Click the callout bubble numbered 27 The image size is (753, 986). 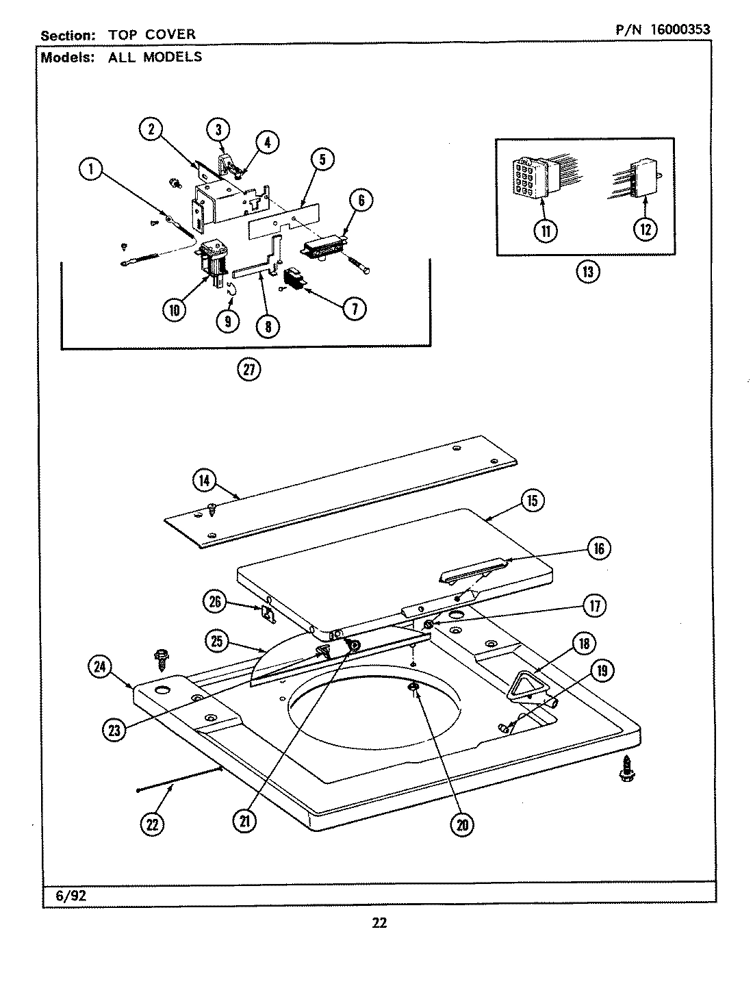click(x=248, y=370)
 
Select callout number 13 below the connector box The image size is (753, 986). click(x=587, y=273)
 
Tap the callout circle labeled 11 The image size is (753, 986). click(x=546, y=230)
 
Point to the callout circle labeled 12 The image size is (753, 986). click(x=645, y=229)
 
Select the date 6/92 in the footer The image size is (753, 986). click(x=67, y=895)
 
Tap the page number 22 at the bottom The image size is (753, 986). click(x=379, y=923)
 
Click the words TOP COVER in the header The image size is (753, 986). click(x=152, y=34)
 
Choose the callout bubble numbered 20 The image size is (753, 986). click(x=462, y=824)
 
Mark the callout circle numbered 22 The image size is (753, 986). click(x=151, y=824)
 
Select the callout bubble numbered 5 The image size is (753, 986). click(x=322, y=160)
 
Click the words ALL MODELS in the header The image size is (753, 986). click(x=155, y=57)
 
